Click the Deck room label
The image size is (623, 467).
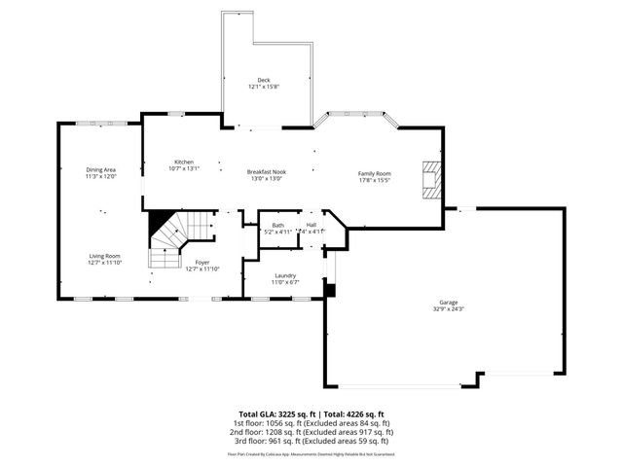(x=264, y=80)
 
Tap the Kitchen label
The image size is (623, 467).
(x=184, y=162)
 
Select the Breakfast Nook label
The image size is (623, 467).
(x=266, y=171)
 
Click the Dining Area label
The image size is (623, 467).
(x=101, y=170)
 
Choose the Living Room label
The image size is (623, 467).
(x=104, y=256)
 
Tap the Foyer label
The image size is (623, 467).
(x=202, y=262)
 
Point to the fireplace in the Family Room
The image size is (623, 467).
(x=429, y=179)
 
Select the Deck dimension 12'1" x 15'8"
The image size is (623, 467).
(x=264, y=87)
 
